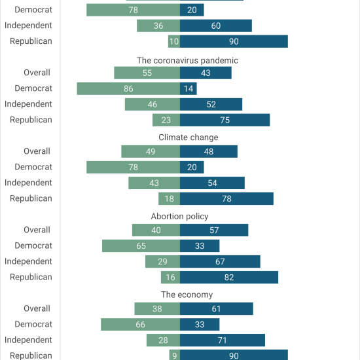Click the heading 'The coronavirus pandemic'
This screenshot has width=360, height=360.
point(187,60)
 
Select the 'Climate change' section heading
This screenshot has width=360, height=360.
point(189,137)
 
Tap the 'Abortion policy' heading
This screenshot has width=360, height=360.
point(179,216)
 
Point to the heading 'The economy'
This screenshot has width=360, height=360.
point(187,295)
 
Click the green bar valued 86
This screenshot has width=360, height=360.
point(128,88)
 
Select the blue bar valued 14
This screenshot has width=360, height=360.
point(189,88)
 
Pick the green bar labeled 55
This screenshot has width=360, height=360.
point(147,73)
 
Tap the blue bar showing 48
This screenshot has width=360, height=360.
point(209,151)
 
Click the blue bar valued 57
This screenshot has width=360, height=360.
point(214,230)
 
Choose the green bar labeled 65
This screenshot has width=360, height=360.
point(141,245)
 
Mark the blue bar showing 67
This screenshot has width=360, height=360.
point(220,261)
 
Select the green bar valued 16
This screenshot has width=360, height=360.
point(170,277)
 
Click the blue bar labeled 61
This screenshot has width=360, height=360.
point(217,308)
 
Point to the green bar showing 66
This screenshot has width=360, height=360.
point(140,325)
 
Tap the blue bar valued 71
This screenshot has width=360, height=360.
point(223,340)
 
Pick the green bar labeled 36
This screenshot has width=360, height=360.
point(158,26)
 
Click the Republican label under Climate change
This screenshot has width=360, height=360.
point(31,198)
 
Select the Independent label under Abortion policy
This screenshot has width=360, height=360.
point(28,261)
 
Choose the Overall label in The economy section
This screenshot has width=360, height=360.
point(37,308)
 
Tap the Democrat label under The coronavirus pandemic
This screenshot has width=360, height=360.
point(33,88)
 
